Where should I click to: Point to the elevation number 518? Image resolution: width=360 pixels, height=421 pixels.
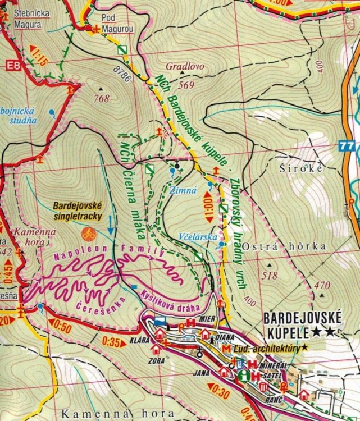pos(270,275)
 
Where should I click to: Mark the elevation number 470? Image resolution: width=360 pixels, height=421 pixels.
pos(322,286)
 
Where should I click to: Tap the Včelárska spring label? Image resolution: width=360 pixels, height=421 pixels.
pos(199,236)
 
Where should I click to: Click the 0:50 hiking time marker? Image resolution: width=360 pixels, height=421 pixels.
pos(60,324)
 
